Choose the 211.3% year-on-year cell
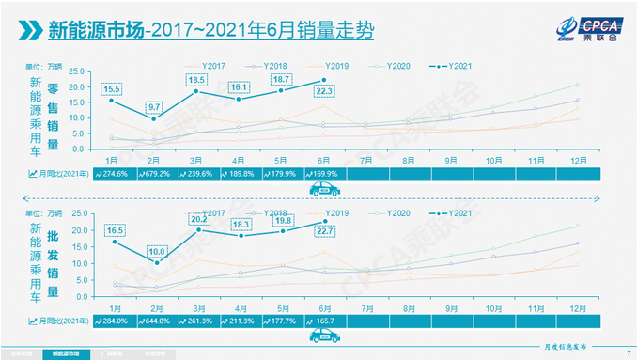coord(240,320)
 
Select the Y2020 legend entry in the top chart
coord(388,67)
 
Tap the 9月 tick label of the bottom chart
coord(450,307)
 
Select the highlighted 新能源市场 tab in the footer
coord(65,354)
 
